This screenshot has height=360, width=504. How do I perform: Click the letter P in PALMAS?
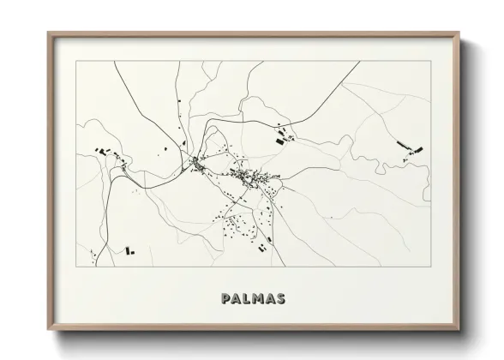click(x=225, y=299)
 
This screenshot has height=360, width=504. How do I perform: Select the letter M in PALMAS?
click(x=258, y=299)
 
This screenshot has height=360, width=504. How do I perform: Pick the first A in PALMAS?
click(x=236, y=299)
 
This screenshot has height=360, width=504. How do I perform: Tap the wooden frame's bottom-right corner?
click(x=460, y=329)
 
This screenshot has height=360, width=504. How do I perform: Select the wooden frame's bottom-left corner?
click(x=48, y=329)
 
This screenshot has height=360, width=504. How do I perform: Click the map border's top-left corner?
click(x=76, y=61)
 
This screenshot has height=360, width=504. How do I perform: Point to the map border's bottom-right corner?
click(x=431, y=267)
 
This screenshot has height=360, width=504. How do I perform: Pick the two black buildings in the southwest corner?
click(x=129, y=251)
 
